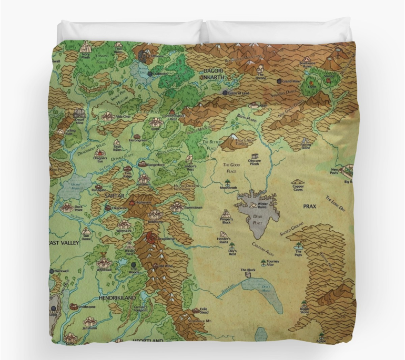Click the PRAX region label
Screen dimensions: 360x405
coord(309,207)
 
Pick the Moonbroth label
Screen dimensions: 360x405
coord(228,188)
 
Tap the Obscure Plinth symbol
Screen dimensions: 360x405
coord(256,157)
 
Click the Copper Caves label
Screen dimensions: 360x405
coord(298,188)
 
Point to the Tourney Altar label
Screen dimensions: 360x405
coord(273,263)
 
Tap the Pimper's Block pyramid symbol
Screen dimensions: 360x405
coord(226,214)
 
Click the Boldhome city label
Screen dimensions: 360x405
coord(155,222)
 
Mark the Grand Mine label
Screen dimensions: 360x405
coord(291,82)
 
